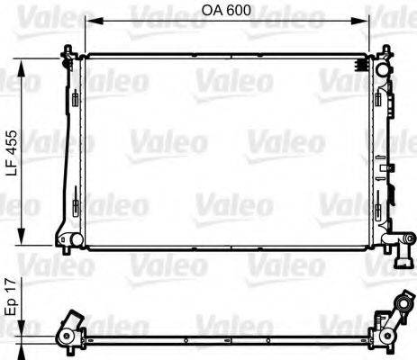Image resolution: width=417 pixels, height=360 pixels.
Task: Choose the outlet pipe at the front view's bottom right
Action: pyautogui.click(x=394, y=243)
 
